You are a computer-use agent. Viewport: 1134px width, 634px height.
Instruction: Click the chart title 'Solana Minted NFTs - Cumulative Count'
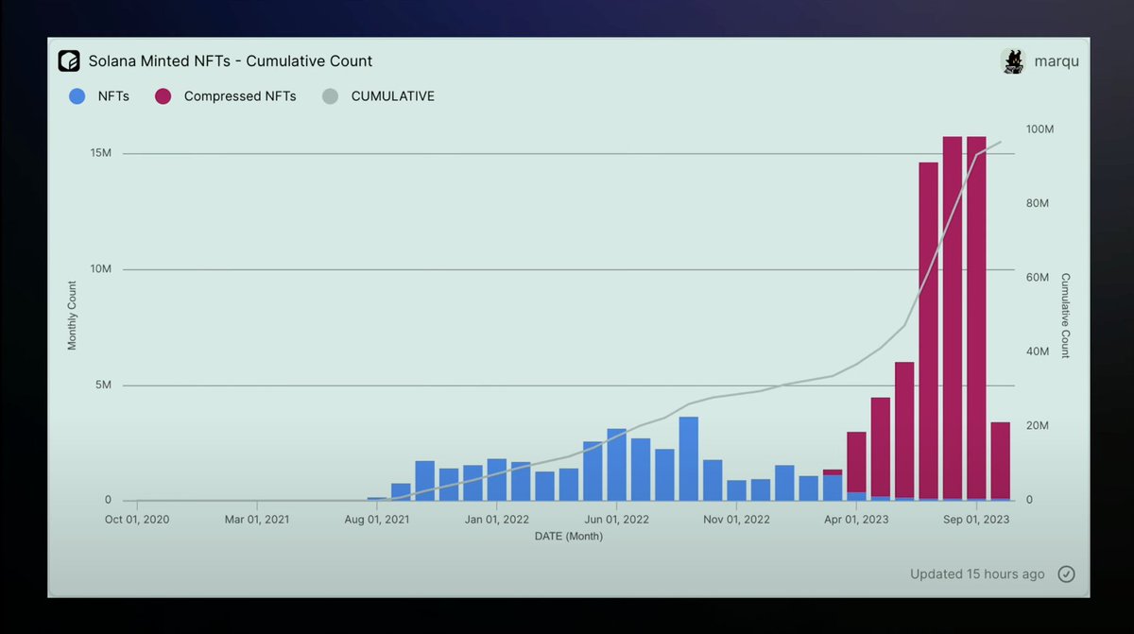(231, 61)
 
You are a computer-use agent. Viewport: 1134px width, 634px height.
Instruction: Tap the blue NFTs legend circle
(77, 96)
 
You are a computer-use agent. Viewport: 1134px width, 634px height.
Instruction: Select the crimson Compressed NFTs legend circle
(163, 96)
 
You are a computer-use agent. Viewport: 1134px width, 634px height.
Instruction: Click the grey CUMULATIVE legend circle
(330, 96)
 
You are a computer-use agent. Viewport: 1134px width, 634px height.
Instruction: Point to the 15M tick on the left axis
(100, 153)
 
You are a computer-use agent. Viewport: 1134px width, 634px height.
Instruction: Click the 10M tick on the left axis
(100, 269)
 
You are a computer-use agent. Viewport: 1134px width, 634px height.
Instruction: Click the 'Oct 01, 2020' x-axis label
(137, 520)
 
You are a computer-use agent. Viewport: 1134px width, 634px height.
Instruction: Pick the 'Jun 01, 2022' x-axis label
(616, 520)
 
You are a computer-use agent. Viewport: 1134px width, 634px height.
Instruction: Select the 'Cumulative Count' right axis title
(1065, 316)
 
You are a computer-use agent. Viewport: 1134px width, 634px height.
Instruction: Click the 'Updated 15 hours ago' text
(977, 574)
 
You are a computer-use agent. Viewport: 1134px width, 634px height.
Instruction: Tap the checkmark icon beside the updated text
(1066, 574)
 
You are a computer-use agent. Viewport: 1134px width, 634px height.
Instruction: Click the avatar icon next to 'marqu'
(1013, 61)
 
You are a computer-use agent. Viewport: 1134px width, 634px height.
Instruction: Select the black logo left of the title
(69, 61)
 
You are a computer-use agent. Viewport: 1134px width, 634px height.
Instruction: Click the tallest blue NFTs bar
(689, 459)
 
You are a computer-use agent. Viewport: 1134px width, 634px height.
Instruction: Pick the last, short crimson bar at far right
(1000, 460)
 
